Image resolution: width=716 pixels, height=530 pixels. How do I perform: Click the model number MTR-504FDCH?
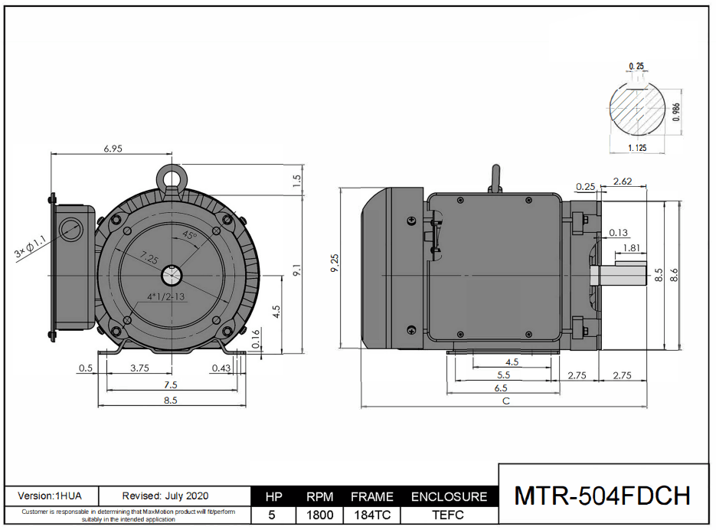pos(603,496)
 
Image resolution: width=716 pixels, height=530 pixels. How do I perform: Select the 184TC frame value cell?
pos(371,515)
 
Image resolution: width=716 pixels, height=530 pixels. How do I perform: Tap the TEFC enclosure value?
pos(449,515)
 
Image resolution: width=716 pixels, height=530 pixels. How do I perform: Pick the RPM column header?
pos(319,497)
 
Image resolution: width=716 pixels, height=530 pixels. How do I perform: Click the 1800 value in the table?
pos(319,515)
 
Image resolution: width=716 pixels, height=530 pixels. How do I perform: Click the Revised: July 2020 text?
pos(165,496)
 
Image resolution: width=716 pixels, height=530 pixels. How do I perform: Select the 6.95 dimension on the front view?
pos(113,149)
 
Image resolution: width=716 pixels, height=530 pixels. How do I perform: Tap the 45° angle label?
pos(189,237)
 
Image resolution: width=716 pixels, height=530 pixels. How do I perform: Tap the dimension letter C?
pos(505,401)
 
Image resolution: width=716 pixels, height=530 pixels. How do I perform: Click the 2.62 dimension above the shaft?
pos(623,182)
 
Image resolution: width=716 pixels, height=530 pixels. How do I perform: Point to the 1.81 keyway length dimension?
pos(632,248)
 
